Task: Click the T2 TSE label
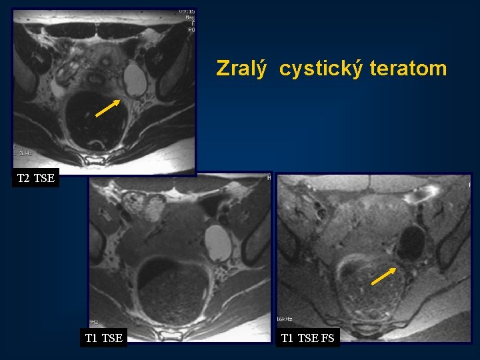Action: tap(35, 178)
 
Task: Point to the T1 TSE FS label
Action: tap(307, 338)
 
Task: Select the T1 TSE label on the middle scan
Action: tap(103, 338)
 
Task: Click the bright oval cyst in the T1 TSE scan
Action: tap(217, 243)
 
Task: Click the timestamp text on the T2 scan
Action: tap(186, 12)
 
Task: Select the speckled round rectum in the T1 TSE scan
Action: tap(173, 292)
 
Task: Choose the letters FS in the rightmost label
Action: tap(327, 338)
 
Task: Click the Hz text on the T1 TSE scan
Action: tap(95, 321)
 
